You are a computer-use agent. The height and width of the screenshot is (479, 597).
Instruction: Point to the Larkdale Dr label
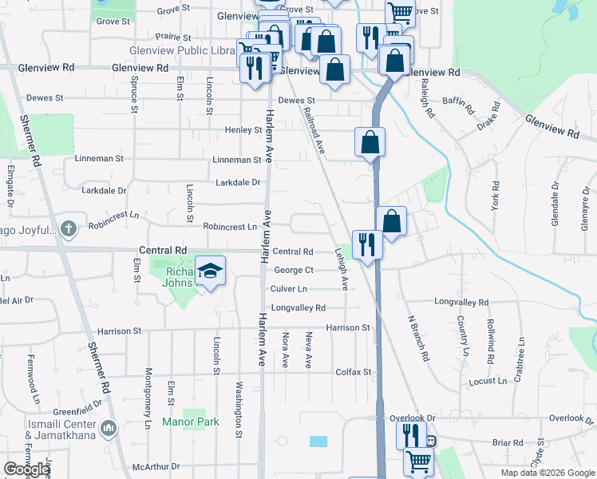240,182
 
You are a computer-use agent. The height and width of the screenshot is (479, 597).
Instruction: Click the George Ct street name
294,271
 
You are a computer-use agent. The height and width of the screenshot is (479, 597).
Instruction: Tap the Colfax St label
354,372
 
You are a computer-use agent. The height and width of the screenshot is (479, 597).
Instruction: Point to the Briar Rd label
507,442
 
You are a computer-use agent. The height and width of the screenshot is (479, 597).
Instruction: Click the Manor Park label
190,422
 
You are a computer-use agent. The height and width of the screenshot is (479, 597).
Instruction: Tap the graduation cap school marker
211,271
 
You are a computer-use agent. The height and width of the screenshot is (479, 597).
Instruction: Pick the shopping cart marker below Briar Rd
418,461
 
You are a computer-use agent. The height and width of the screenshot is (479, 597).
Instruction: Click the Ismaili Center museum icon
109,429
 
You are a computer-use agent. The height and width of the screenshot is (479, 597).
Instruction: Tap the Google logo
27,469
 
